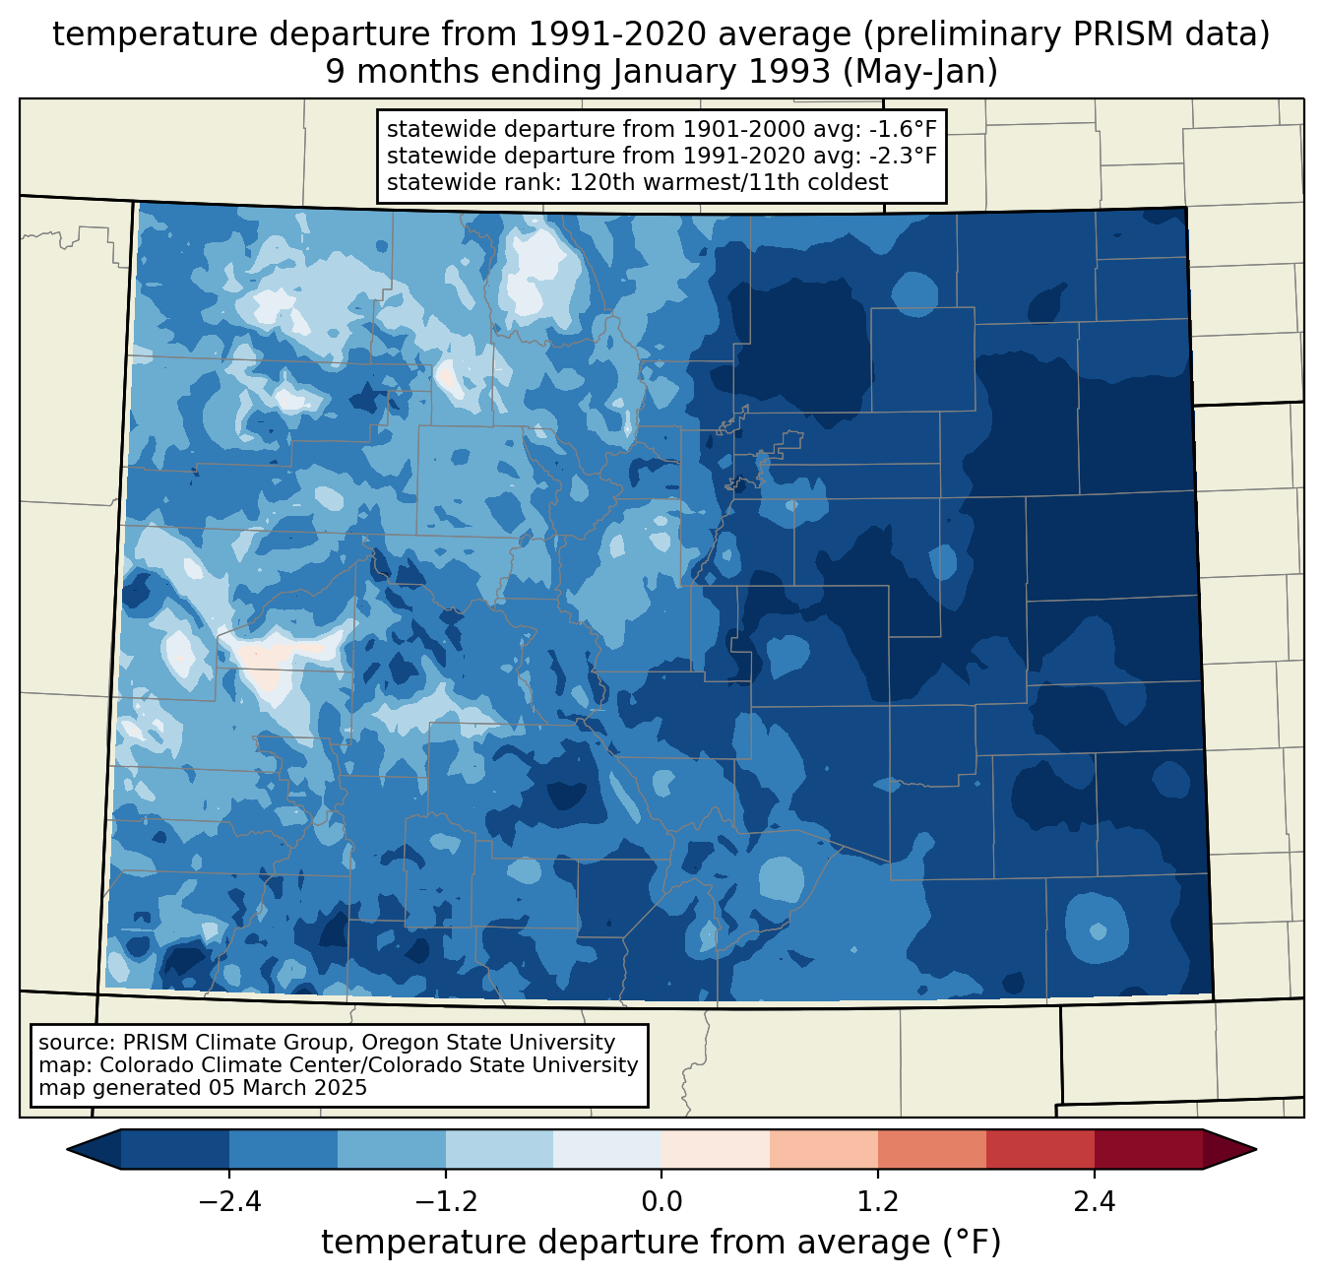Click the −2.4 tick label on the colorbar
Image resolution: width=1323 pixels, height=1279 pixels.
coord(229,1202)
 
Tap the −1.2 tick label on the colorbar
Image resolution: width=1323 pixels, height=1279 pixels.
coord(446,1202)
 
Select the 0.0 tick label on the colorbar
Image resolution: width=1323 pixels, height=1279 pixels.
coord(661,1202)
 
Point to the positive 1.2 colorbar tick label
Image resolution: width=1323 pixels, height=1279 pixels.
coord(878,1202)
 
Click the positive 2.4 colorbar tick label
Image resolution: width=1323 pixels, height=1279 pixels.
coord(1095,1202)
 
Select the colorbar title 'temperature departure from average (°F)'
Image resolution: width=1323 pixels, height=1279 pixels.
coord(661,1243)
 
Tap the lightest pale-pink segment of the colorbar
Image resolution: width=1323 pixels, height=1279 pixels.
coord(716,1149)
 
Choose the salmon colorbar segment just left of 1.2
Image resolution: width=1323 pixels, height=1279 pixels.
coord(824,1149)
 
